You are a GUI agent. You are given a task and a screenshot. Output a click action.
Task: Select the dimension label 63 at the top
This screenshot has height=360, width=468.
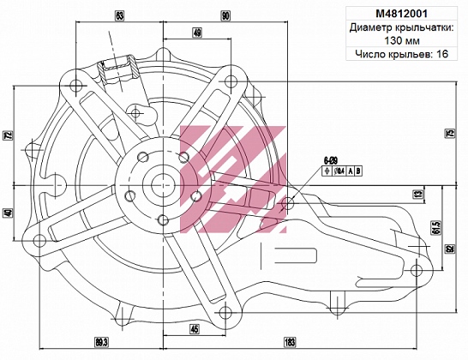(119, 15)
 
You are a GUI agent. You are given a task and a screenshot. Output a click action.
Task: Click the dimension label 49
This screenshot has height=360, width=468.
(197, 33)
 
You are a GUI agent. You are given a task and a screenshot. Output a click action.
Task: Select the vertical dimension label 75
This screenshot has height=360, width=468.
(448, 133)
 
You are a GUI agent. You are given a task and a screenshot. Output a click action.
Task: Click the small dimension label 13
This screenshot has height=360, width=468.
(417, 195)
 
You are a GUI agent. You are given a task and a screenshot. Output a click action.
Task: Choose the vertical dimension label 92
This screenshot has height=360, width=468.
(449, 249)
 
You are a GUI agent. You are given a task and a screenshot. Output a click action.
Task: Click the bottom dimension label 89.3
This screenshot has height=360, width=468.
(100, 343)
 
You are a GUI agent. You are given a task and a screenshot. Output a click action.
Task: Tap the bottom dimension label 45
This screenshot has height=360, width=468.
(195, 329)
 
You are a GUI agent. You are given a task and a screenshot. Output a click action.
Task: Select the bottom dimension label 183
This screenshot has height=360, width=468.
(290, 343)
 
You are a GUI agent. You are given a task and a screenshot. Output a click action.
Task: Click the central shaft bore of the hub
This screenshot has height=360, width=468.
(160, 183)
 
